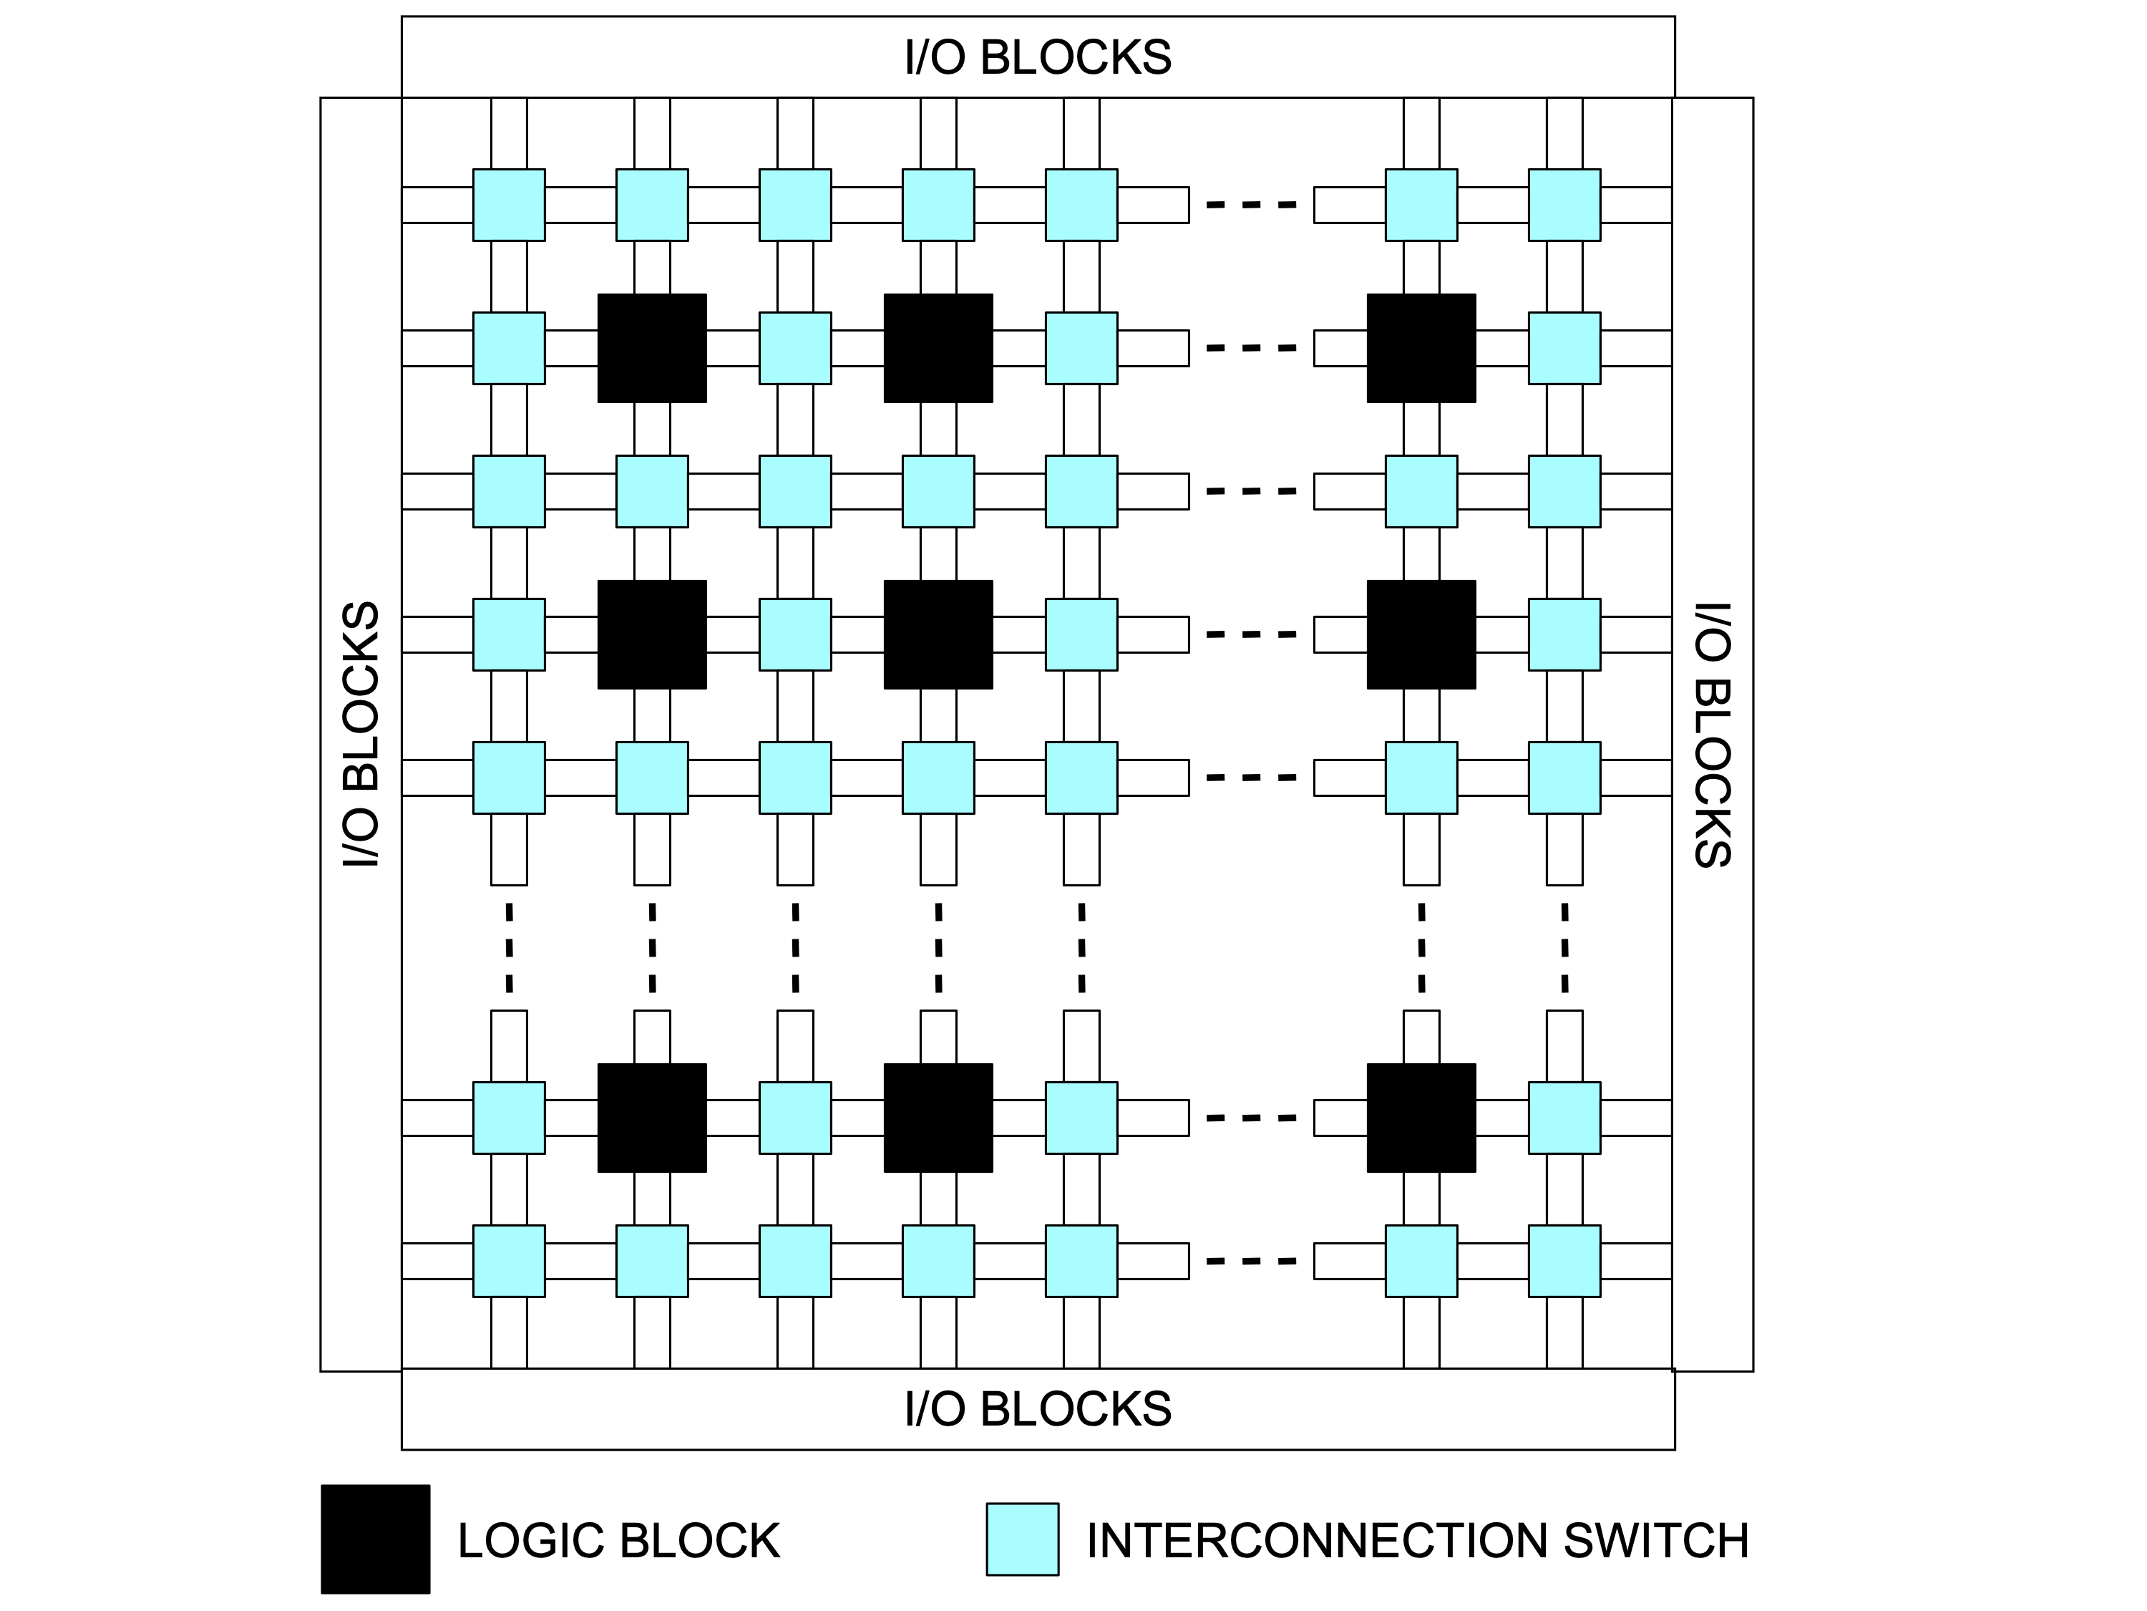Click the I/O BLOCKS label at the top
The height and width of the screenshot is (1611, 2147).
[1038, 57]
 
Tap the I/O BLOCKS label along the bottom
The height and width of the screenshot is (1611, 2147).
[1038, 1409]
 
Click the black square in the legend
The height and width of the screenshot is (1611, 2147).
[376, 1539]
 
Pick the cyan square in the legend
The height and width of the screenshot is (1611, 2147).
[1022, 1539]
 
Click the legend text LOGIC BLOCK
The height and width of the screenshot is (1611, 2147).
[618, 1541]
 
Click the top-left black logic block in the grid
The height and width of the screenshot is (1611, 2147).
[651, 348]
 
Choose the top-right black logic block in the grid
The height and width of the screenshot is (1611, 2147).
[1421, 348]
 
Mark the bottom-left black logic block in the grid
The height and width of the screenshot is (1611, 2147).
[651, 1118]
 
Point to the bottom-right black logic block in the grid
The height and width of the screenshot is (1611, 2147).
[1421, 1118]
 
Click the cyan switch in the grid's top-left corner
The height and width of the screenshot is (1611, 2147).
[509, 205]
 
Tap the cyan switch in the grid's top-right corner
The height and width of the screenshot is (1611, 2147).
[1564, 205]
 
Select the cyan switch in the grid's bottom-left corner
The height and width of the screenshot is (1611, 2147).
[509, 1262]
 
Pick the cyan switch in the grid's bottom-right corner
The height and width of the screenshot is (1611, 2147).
[1564, 1262]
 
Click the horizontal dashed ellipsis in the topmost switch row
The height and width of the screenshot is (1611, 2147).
[1251, 205]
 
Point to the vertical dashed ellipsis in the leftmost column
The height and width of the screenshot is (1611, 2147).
[509, 948]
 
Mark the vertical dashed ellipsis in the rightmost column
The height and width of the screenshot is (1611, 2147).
[1564, 948]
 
